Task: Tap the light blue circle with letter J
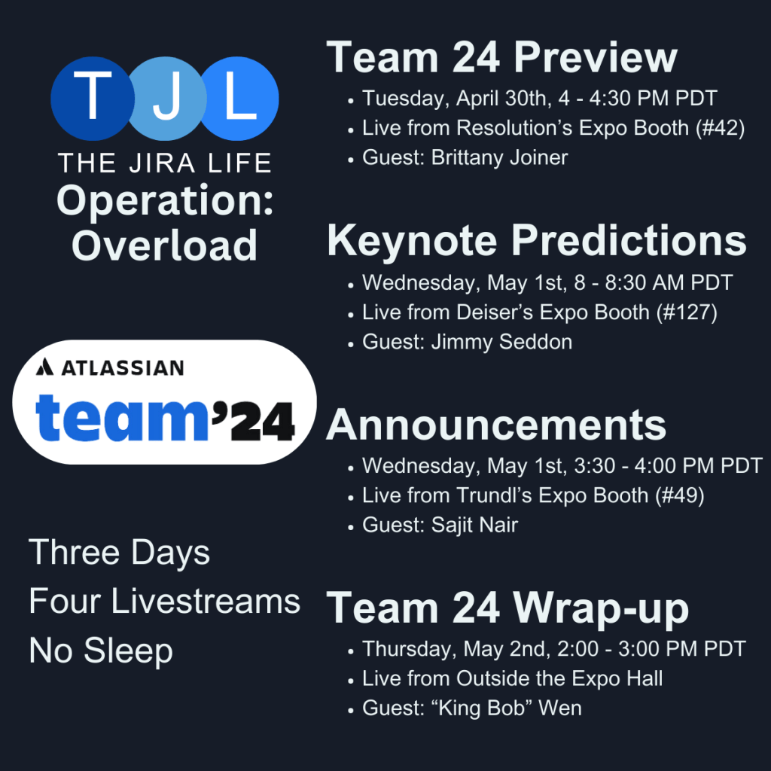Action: [167, 99]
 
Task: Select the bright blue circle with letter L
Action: [240, 99]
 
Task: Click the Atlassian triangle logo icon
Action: [44, 367]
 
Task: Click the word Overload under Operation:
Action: [164, 245]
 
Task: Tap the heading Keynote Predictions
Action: [537, 241]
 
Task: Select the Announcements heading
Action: [496, 425]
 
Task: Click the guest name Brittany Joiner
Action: [500, 158]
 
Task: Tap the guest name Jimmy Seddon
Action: [501, 343]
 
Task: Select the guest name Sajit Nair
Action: [474, 525]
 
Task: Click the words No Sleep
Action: [101, 651]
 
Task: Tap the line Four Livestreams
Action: [164, 601]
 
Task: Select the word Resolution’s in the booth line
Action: [514, 128]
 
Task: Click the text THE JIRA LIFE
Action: [165, 163]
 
